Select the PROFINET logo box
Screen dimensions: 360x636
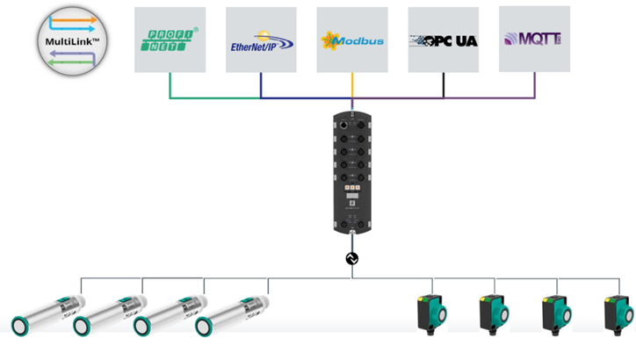[x=170, y=40]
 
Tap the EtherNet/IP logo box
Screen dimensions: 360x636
[x=261, y=40]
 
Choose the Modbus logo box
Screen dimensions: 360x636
[x=352, y=40]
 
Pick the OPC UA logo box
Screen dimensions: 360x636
[x=444, y=40]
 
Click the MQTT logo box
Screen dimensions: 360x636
[x=534, y=39]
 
